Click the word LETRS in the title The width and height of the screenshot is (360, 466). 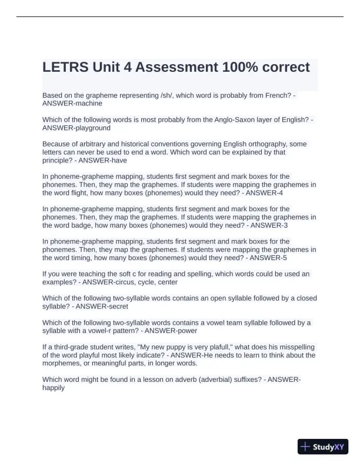click(65, 67)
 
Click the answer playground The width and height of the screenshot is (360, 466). click(91, 128)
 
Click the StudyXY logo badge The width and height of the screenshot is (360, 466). click(323, 447)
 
